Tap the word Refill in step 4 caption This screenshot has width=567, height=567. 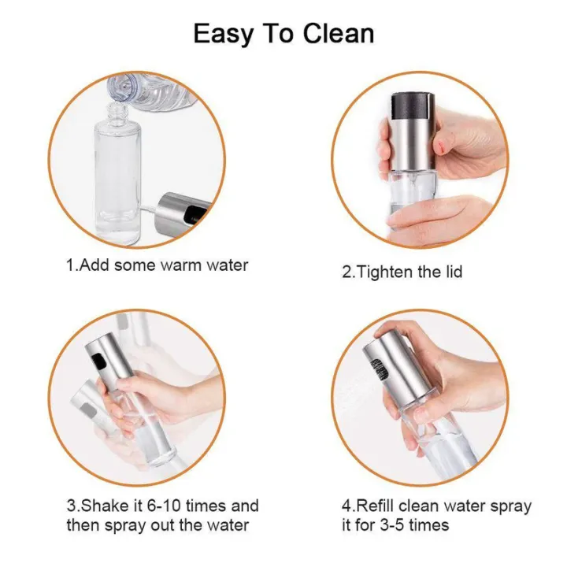click(x=377, y=506)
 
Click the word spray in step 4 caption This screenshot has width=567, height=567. click(x=509, y=506)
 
